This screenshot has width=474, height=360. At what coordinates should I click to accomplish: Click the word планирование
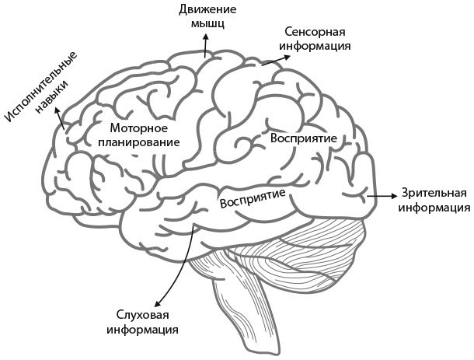point(139,143)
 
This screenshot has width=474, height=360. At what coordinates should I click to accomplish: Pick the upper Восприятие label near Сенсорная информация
point(303,137)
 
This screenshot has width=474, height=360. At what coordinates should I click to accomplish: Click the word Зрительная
point(434,194)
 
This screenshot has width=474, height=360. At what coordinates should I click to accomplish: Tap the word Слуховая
point(142,315)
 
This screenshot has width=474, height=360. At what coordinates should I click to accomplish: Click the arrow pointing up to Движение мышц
point(205,47)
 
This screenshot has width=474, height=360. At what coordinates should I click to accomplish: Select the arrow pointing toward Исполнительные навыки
point(62,121)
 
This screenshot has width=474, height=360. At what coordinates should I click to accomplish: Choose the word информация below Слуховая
point(142,330)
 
